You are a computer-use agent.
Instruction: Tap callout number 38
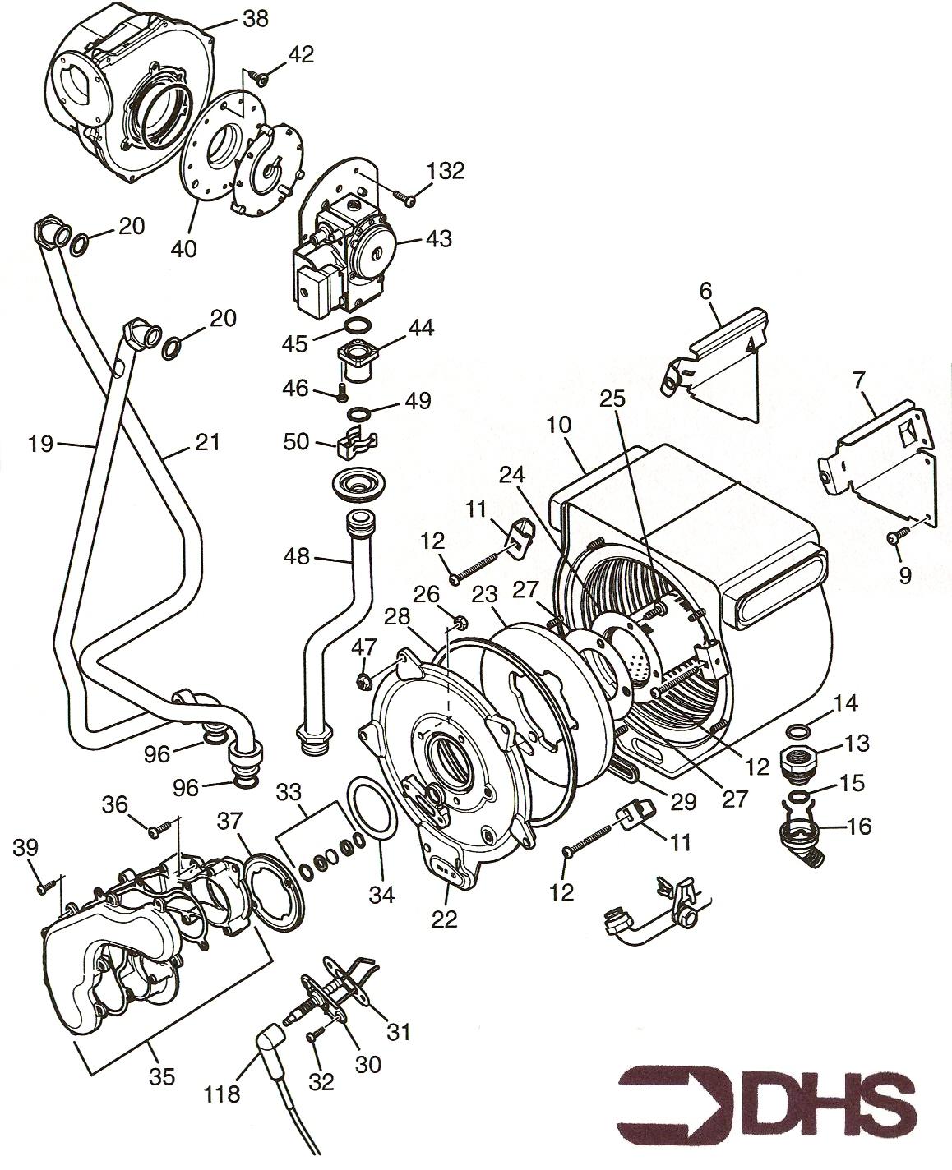[x=256, y=18]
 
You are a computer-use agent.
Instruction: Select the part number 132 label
[x=446, y=171]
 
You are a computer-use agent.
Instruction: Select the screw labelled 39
[x=44, y=886]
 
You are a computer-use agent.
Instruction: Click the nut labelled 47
[x=361, y=680]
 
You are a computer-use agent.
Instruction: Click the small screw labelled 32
[x=314, y=1038]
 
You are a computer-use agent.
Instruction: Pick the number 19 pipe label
[x=39, y=445]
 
